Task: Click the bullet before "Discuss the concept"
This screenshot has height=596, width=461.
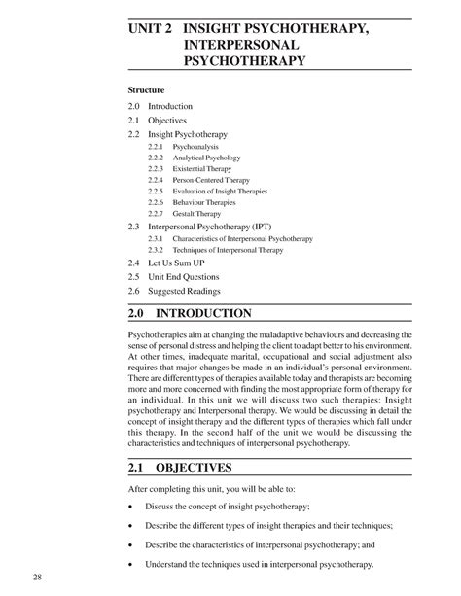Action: point(131,507)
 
